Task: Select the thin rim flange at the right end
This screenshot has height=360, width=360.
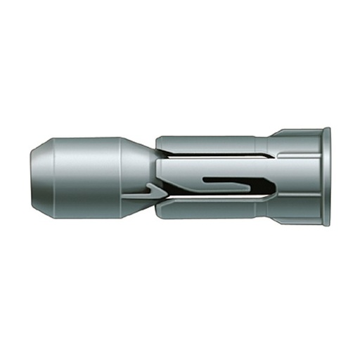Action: [x=326, y=176]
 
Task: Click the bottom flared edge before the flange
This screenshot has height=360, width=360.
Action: [x=295, y=221]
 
